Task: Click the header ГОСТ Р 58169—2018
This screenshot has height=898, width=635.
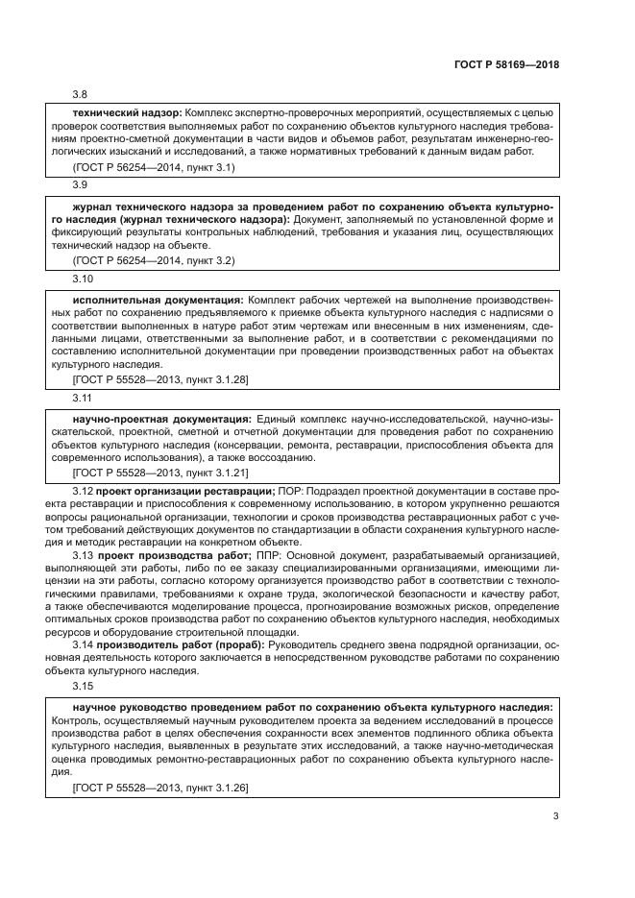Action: coord(505,65)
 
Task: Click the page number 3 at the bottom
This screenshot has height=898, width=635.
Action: coord(555,816)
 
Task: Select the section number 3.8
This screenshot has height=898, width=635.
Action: coord(81,94)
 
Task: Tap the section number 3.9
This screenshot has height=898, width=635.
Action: coord(81,183)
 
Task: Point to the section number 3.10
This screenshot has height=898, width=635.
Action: coord(84,279)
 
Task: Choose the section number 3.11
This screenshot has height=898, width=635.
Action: coord(84,398)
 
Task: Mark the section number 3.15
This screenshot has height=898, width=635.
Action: coord(84,687)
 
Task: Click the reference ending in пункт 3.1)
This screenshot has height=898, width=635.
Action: coord(154,167)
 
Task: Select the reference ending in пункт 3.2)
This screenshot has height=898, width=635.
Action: coord(154,260)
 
